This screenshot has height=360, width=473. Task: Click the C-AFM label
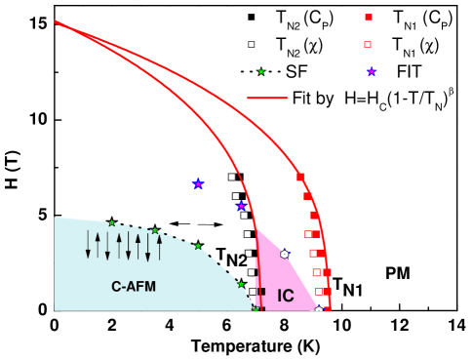[134, 287]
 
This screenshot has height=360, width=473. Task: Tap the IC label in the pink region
[285, 296]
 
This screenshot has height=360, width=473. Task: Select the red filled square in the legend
[369, 17]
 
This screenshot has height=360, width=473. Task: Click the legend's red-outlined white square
[368, 44]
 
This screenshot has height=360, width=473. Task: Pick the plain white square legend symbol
[251, 44]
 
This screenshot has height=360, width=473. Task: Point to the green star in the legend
[260, 71]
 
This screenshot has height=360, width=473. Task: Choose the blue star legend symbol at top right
[372, 71]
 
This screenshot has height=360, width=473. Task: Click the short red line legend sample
[266, 98]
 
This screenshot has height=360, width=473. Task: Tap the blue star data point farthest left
[198, 183]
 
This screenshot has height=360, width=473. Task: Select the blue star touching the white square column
[241, 206]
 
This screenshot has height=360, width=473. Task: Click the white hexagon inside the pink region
[284, 254]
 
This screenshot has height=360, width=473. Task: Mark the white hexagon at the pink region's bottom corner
[318, 309]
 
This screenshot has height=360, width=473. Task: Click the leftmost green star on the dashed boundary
[111, 223]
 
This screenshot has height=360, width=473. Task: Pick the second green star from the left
[154, 231]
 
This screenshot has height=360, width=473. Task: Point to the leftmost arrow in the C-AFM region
[88, 244]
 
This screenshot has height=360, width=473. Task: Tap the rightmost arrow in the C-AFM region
[159, 244]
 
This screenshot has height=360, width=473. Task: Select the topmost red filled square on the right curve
[300, 177]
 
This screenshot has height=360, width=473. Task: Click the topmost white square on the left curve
[231, 177]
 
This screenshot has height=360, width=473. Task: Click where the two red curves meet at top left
[57, 21]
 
